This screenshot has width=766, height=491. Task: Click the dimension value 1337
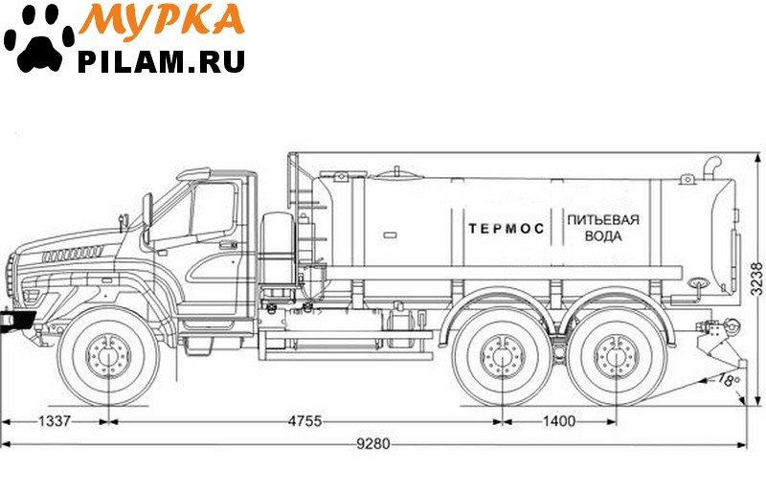(55, 420)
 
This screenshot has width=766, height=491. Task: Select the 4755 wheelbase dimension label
(304, 420)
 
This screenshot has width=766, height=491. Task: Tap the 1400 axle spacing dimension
(559, 420)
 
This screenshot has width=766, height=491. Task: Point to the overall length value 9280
(373, 443)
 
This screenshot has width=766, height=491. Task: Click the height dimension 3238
(756, 279)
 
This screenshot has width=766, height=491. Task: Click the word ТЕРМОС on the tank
(507, 229)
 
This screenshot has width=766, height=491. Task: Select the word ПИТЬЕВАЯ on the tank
(603, 220)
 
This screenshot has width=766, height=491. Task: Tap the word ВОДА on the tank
(603, 236)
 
